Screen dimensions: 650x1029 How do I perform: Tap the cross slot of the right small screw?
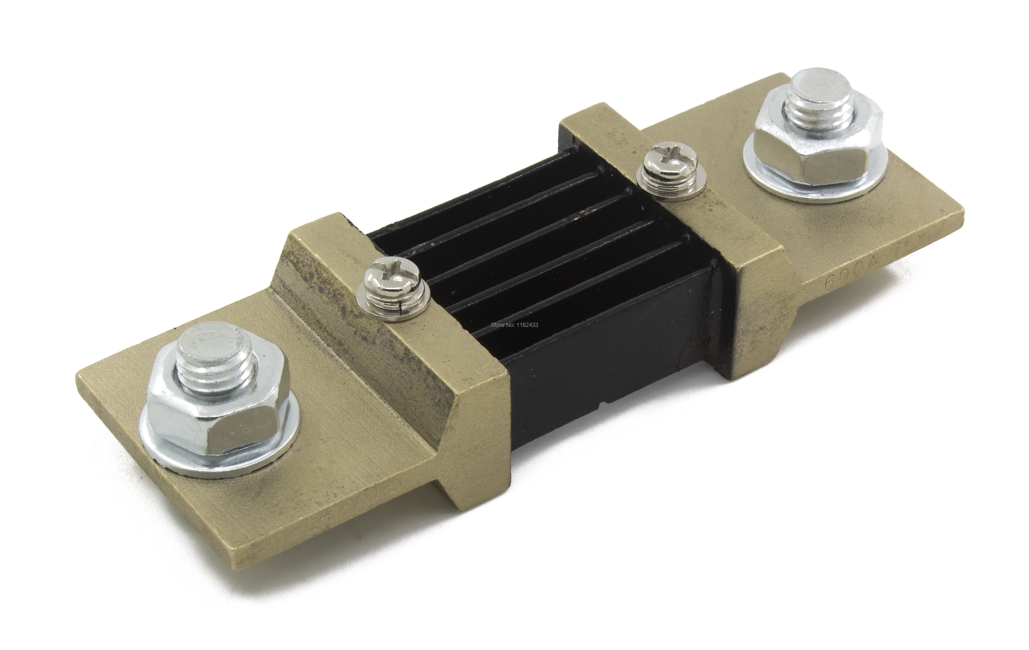(660, 155)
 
